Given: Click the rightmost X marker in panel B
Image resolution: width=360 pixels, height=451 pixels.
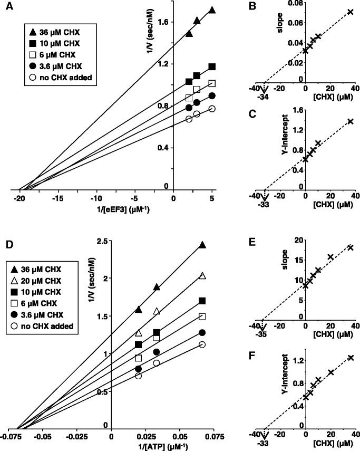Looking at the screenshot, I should click(350, 12).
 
